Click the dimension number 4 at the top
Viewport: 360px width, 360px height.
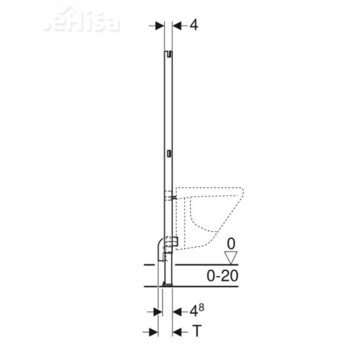[193, 25]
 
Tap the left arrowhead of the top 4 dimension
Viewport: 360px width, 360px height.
[160, 26]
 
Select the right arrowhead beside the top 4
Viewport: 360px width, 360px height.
[177, 26]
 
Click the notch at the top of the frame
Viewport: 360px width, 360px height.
[168, 54]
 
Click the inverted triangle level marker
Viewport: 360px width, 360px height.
[231, 258]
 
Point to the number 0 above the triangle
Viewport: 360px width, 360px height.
[231, 244]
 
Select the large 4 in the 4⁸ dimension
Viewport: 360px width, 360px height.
[193, 311]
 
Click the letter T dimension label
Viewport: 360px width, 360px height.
[196, 332]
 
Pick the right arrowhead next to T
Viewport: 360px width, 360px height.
[177, 332]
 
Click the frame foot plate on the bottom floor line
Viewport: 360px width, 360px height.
[167, 284]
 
